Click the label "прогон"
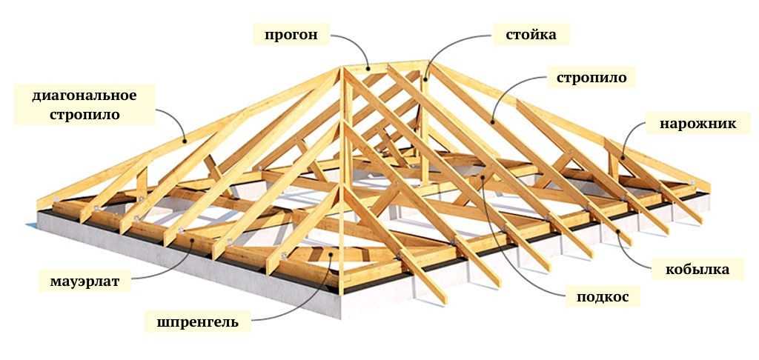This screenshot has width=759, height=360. point(291,36)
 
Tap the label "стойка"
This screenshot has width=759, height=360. point(531,35)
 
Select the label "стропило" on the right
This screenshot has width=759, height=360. point(591,78)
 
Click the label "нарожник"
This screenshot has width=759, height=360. point(697,124)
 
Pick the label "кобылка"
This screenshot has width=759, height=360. point(697,269)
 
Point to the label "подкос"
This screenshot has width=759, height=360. point(603,296)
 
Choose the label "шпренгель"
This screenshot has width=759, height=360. point(197,322)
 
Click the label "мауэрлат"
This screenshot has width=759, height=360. point(84,281)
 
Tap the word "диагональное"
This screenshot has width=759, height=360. point(84,96)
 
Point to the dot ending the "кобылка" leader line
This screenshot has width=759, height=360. point(618,231)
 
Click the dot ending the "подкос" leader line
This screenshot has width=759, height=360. point(483,178)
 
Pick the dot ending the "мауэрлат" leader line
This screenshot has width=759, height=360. point(191,241)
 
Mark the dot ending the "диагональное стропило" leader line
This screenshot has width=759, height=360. point(185,141)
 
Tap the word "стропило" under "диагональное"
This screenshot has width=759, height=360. point(84,115)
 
